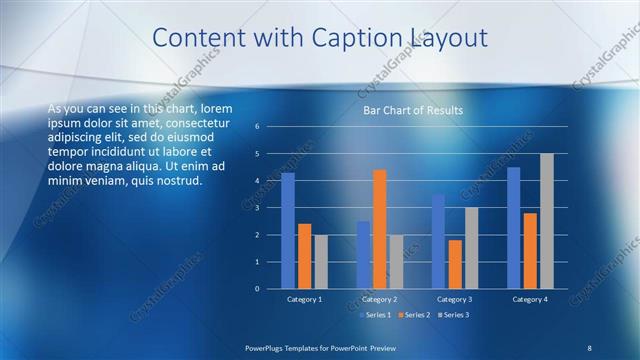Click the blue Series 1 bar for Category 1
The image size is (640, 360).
tap(288, 231)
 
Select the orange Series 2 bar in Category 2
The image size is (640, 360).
tap(379, 229)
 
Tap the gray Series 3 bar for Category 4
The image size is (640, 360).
tap(546, 221)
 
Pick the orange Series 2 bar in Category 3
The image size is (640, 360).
tap(455, 264)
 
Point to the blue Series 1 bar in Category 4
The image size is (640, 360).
tap(514, 228)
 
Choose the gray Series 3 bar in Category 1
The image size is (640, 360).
tap(320, 262)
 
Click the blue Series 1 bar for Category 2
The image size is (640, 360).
tap(363, 255)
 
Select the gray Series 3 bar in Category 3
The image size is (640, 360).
tap(471, 248)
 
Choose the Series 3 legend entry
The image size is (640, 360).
tap(452, 315)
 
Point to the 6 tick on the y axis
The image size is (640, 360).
tap(257, 127)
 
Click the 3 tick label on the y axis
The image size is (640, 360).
tap(257, 208)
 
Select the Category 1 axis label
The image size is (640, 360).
tap(304, 299)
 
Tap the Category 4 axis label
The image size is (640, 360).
tap(529, 299)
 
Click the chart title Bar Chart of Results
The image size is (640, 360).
tap(412, 110)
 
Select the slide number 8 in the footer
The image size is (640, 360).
tap(589, 347)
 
